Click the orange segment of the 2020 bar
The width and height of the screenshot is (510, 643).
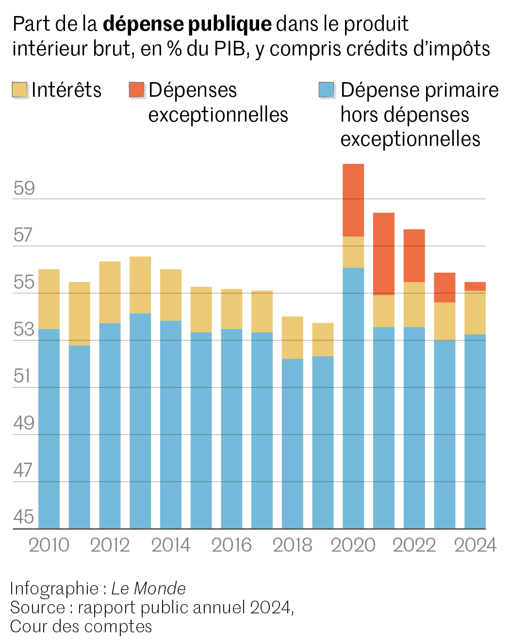[x=353, y=200]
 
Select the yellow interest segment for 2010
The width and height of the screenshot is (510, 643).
[x=49, y=299]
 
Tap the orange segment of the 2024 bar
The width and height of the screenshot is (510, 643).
[x=475, y=286]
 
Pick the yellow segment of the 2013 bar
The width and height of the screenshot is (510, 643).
[x=140, y=285]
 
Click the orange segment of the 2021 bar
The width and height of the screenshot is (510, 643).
[x=383, y=254]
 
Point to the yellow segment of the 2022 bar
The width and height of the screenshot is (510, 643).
[x=414, y=304]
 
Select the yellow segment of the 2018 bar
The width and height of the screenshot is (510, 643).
[x=292, y=337]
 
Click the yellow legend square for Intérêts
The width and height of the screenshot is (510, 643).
[x=19, y=90]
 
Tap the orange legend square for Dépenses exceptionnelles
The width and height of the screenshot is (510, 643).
[x=137, y=90]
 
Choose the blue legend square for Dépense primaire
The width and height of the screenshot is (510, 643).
[x=327, y=90]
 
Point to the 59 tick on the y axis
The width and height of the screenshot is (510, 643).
[x=24, y=189]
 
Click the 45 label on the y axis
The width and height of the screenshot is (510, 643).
[x=24, y=517]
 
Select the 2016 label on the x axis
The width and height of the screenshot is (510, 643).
[x=231, y=545]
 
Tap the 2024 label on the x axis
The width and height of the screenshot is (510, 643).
[x=475, y=545]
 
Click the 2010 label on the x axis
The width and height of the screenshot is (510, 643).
[x=49, y=545]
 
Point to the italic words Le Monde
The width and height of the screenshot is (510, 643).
[x=148, y=589]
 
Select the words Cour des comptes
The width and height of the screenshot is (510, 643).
[x=81, y=626]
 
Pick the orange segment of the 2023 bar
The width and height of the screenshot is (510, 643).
[x=444, y=287]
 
